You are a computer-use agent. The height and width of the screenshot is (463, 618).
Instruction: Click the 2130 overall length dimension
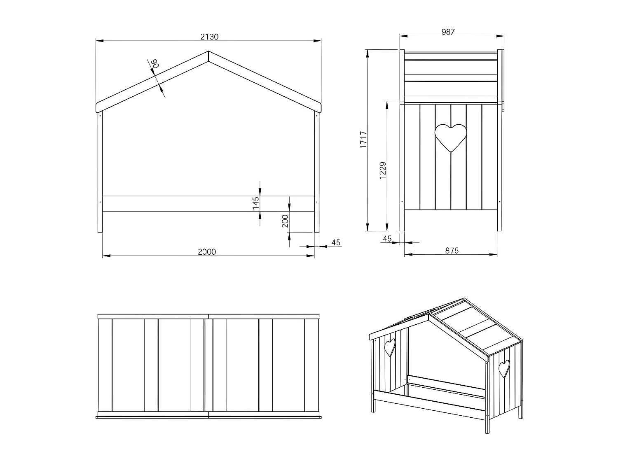tap(209, 37)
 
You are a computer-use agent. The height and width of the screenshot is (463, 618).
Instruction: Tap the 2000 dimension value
tap(207, 252)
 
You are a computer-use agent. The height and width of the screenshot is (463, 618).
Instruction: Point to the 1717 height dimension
tap(363, 140)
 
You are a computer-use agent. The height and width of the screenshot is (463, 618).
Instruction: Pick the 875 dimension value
tap(452, 250)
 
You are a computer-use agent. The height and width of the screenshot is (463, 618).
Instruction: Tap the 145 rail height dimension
tap(255, 203)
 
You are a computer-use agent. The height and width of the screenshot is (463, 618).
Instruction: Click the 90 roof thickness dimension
tap(155, 64)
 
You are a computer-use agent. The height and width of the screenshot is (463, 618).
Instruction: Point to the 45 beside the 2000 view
tap(336, 242)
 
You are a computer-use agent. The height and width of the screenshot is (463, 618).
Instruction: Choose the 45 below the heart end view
tap(387, 239)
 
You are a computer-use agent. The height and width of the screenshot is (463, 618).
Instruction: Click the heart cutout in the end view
tap(451, 137)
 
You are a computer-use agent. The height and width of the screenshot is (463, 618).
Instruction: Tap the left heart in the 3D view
tap(389, 347)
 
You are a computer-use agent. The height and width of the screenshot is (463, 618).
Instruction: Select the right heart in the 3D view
tap(504, 369)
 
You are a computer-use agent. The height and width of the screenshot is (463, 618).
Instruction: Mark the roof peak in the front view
tap(208, 52)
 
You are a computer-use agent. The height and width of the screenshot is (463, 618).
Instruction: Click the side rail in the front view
tap(208, 204)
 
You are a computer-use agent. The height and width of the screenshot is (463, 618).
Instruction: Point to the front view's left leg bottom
tap(100, 231)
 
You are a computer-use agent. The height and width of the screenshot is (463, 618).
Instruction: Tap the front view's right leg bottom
tap(317, 231)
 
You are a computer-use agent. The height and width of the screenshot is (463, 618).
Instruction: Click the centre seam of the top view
tap(208, 366)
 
